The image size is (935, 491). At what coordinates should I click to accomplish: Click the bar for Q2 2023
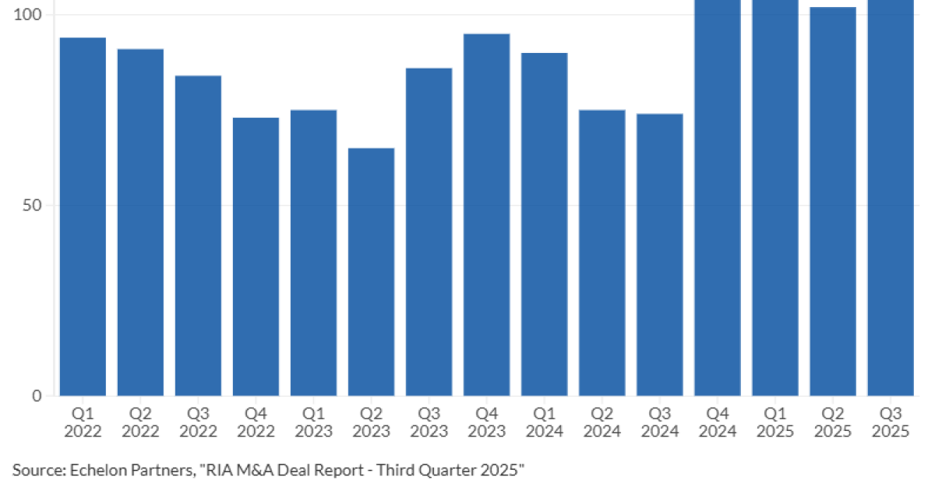pyautogui.click(x=371, y=272)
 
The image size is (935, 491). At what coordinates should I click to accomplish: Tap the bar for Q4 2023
pyautogui.click(x=486, y=214)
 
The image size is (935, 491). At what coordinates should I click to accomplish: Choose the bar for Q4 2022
pyautogui.click(x=256, y=256)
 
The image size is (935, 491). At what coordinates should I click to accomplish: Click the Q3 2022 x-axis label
pyautogui.click(x=198, y=422)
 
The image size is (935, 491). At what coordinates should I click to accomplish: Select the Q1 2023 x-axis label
pyautogui.click(x=313, y=422)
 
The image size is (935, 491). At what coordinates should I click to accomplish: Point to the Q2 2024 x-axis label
pyautogui.click(x=602, y=422)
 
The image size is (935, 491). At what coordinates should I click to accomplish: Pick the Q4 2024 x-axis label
pyautogui.click(x=717, y=422)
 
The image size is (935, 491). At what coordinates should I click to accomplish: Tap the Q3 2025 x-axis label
pyautogui.click(x=890, y=422)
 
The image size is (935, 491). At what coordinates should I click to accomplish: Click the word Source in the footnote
pyautogui.click(x=37, y=469)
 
